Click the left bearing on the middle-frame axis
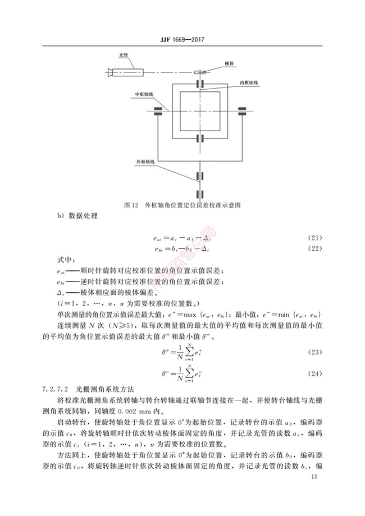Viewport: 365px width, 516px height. point(158,111)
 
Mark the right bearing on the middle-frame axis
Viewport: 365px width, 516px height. point(243,111)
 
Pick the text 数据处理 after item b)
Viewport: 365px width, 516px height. point(83,216)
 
